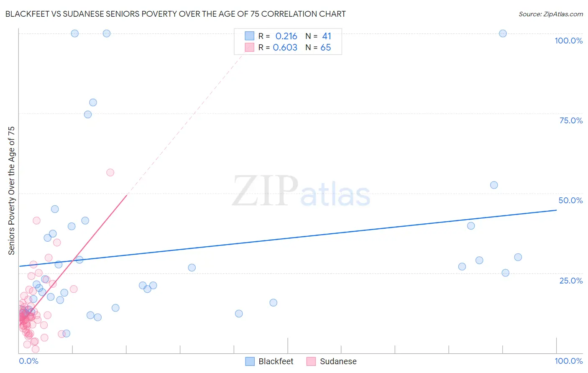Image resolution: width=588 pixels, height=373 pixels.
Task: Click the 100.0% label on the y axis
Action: pos(568,41)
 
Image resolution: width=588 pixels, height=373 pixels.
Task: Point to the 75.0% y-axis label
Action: pos(571,120)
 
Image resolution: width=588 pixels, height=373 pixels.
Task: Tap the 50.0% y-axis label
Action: pos(570,200)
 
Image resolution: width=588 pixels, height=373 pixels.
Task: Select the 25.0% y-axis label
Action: pos(571,281)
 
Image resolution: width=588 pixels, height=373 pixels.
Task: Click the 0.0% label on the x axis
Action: pos(28,361)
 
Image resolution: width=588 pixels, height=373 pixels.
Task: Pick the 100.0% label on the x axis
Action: pos(568,361)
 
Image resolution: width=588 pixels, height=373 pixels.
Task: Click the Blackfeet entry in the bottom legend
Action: pos(276,361)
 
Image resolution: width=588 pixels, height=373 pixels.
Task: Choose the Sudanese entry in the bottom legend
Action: pos(338,361)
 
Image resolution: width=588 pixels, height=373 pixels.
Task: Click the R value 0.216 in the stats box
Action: pos(286,36)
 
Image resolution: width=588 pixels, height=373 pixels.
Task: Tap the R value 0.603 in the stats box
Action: pos(285,48)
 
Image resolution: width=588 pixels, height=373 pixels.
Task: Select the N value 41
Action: pos(326,36)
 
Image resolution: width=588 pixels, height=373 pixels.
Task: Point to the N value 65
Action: pos(325,48)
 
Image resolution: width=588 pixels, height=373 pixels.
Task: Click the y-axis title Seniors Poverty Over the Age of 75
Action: pos(11,191)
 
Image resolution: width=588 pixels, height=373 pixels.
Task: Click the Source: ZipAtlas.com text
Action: pos(550,14)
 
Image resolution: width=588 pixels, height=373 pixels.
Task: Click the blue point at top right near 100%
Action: pos(503,33)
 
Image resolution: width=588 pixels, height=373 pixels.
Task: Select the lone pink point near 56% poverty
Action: pos(110,172)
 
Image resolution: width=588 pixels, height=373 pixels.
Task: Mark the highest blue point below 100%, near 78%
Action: pos(93,102)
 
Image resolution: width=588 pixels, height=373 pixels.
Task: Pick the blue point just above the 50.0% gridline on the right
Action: pos(494,185)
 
